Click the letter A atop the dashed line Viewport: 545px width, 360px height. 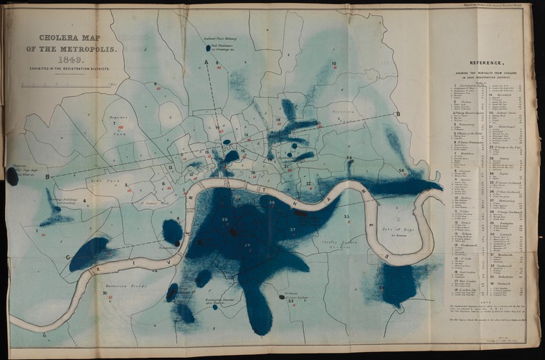tap(206, 63)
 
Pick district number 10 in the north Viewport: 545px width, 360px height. tap(333, 64)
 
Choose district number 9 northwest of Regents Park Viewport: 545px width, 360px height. tap(155, 84)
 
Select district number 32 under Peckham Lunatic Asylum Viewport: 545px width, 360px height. tap(290, 301)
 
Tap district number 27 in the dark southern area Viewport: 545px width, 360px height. tap(293, 229)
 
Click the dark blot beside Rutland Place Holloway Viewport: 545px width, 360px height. tap(208, 48)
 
